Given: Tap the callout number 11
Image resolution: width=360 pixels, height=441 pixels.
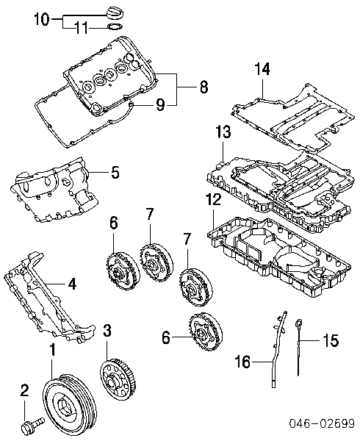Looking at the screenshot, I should pyautogui.click(x=81, y=29).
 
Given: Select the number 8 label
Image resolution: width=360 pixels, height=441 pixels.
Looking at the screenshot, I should pyautogui.click(x=203, y=87).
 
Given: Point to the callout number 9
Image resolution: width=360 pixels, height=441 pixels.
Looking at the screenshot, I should pyautogui.click(x=159, y=105).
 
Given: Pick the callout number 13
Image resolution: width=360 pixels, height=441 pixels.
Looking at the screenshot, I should pyautogui.click(x=223, y=133).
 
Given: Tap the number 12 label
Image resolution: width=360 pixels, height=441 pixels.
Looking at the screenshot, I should pyautogui.click(x=212, y=200).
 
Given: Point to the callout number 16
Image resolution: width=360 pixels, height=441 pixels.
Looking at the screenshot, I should pyautogui.click(x=242, y=362).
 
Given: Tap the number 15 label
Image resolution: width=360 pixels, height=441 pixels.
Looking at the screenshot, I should pyautogui.click(x=331, y=340).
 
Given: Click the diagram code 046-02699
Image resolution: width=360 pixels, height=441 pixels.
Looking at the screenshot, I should pyautogui.click(x=320, y=424).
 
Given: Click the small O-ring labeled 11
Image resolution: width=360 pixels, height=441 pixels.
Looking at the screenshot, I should pyautogui.click(x=115, y=28).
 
